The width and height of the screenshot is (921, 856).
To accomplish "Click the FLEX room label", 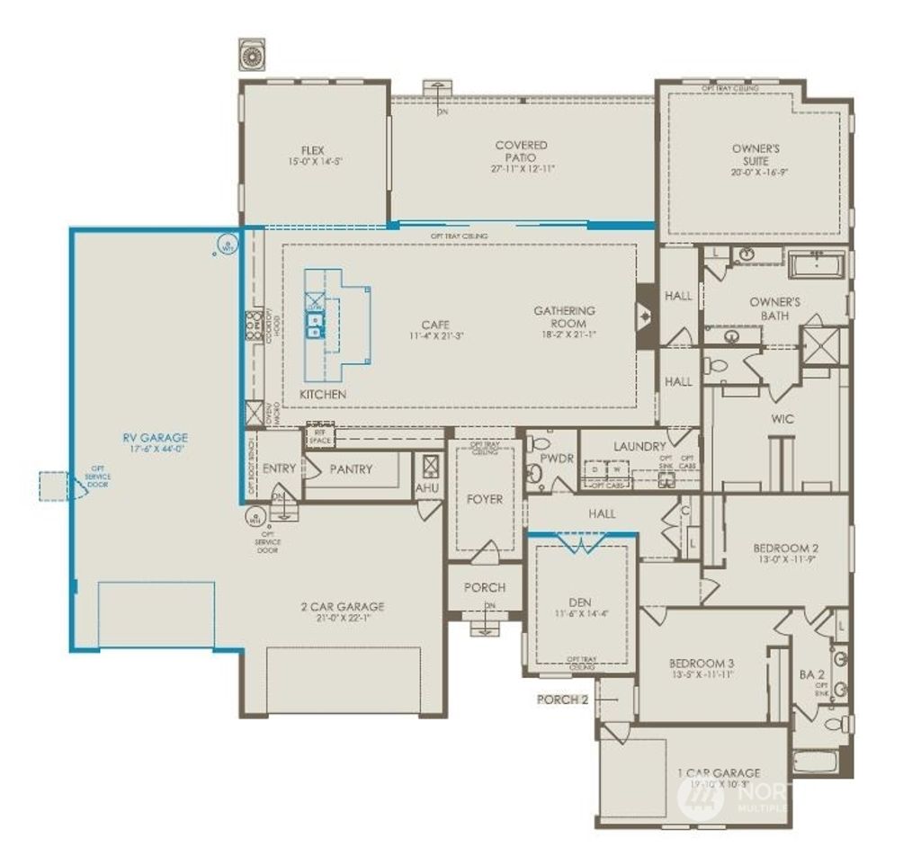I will [x=312, y=151].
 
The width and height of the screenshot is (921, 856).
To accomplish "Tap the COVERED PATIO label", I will [x=521, y=151].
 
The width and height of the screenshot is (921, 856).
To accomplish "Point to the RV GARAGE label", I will [x=156, y=438].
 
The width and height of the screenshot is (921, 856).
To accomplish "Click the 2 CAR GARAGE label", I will [x=342, y=607].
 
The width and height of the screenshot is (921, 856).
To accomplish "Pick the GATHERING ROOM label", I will [x=565, y=317].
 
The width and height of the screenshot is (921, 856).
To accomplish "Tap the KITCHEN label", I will [x=323, y=395].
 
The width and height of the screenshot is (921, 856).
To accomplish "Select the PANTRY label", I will [x=351, y=468].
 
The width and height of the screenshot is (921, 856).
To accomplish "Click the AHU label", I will [x=426, y=487].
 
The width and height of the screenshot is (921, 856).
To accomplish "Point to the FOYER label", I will [x=484, y=499].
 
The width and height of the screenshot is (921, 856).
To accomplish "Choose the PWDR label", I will [x=557, y=457].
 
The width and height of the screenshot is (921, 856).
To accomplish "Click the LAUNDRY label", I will [x=639, y=446].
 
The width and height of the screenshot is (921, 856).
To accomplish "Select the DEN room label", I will [x=580, y=602].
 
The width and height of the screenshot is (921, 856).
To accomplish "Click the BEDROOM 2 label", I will [x=785, y=547].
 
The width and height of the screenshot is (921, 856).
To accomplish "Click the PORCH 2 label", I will [x=563, y=699].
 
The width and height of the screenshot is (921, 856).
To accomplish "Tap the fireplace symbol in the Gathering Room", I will [x=647, y=317].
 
